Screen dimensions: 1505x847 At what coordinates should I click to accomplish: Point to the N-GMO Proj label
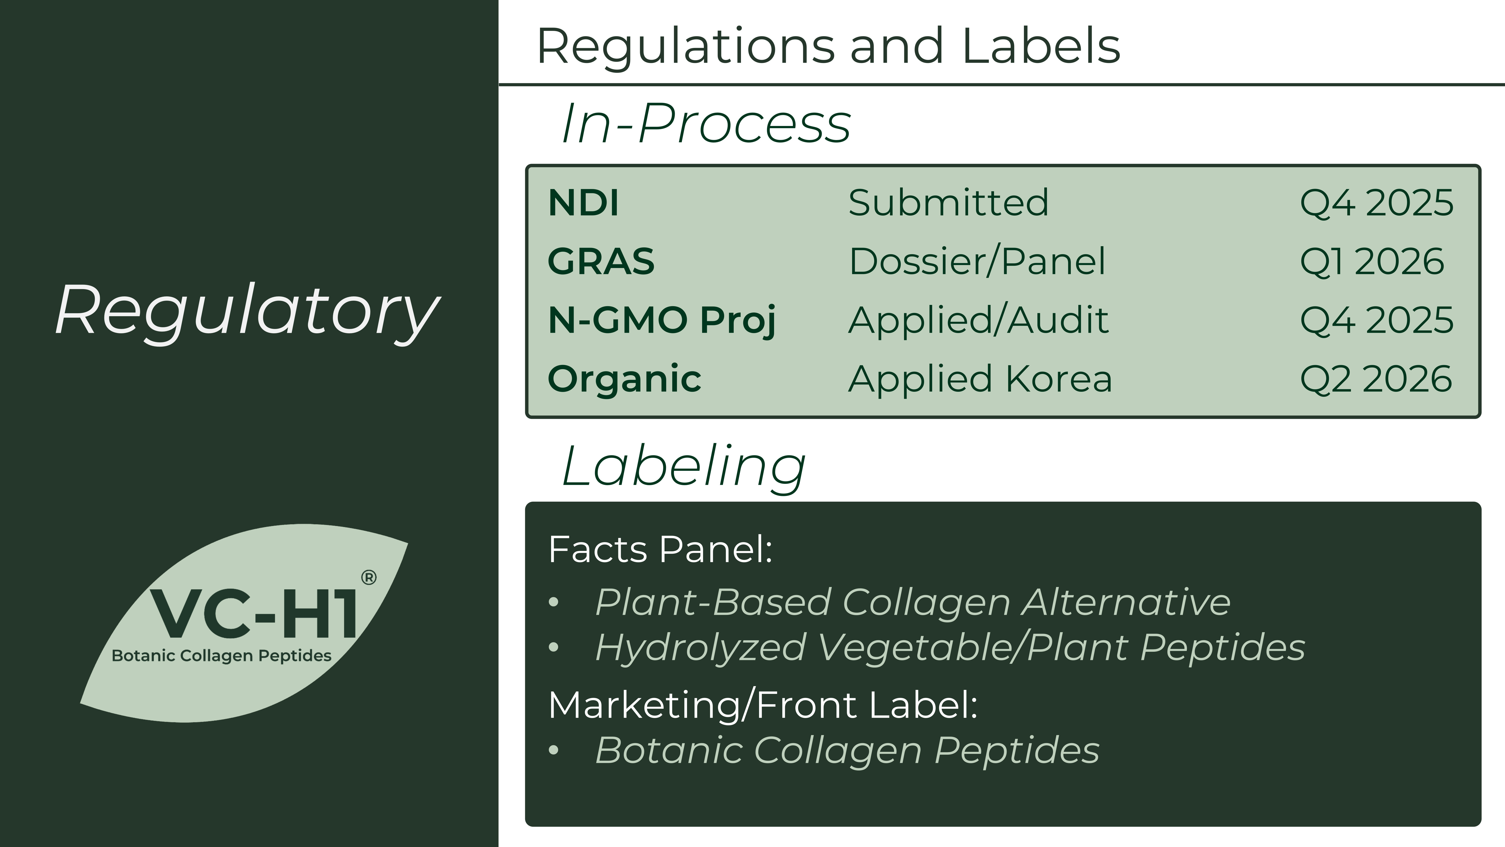(662, 321)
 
